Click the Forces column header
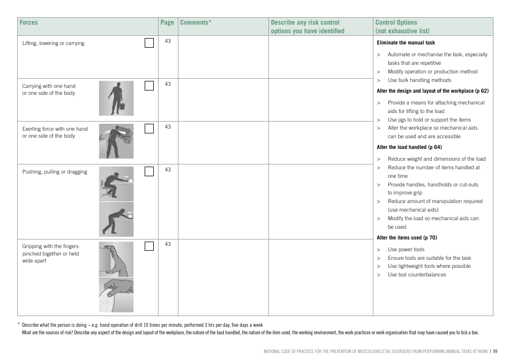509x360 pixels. [x=28, y=23]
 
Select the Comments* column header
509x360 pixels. [x=196, y=23]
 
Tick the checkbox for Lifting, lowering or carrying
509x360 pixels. [x=149, y=43]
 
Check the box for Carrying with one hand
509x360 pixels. [x=149, y=85]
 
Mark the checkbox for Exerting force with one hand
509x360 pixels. [x=149, y=128]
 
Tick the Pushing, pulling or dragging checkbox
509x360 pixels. [x=149, y=171]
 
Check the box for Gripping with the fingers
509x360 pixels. [x=149, y=245]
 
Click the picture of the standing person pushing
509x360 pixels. [x=116, y=219]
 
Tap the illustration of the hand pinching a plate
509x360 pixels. [x=116, y=294]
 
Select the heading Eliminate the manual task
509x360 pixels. [x=406, y=42]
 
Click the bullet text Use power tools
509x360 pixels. [x=406, y=250]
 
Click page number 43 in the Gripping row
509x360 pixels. [x=168, y=244]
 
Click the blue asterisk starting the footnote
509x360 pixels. [x=18, y=324]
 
